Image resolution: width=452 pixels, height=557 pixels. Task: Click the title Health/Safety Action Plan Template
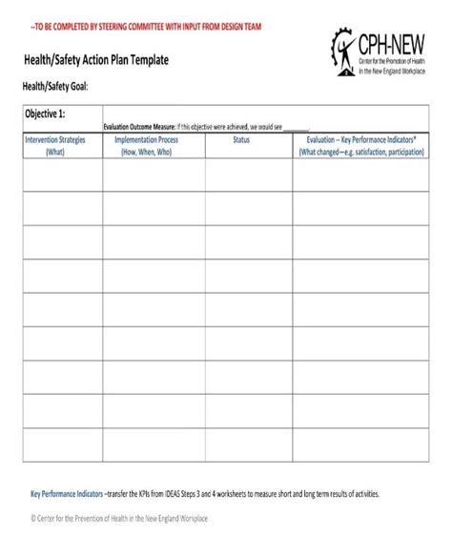point(96,59)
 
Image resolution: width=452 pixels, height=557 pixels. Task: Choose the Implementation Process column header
point(146,139)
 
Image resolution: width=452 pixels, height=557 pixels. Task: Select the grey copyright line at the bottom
point(119,518)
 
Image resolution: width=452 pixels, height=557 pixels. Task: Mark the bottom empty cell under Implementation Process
point(146,444)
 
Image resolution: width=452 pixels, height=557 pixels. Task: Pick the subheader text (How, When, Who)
point(146,151)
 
